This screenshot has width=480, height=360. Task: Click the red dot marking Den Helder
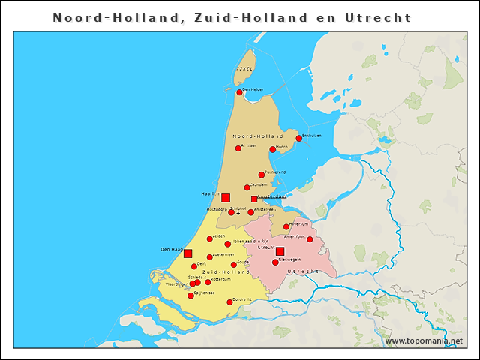(x=239, y=92)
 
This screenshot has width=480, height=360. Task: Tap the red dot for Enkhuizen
(x=298, y=138)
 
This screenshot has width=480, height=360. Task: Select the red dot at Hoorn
(x=273, y=149)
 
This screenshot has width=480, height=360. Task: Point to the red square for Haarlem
(x=226, y=197)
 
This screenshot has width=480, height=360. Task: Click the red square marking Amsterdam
(x=254, y=199)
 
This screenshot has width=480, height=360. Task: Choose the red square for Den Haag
(x=188, y=253)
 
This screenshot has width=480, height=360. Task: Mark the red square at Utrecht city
(x=280, y=251)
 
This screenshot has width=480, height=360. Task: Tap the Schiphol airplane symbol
(x=238, y=214)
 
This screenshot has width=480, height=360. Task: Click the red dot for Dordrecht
(x=229, y=302)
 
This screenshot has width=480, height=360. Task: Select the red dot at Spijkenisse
(x=190, y=295)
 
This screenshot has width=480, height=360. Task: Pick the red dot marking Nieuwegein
(x=275, y=262)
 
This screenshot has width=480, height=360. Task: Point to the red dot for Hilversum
(x=286, y=226)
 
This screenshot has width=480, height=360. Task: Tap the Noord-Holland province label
(x=257, y=136)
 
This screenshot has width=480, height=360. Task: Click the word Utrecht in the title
(x=376, y=16)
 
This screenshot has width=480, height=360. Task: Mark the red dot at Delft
(x=193, y=266)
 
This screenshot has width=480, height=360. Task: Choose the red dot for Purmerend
(x=262, y=175)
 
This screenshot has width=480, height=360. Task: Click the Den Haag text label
(x=171, y=249)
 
